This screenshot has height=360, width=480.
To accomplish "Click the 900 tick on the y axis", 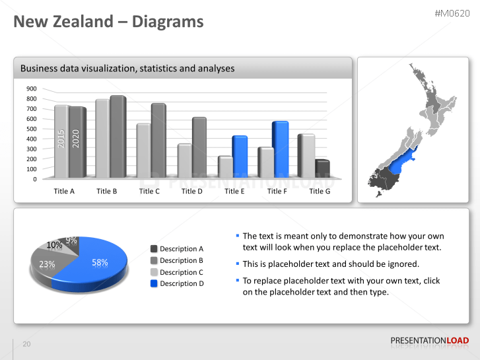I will click(32, 89).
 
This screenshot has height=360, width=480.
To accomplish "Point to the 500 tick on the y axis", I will click(32, 129).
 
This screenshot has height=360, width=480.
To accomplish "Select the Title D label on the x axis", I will click(192, 192).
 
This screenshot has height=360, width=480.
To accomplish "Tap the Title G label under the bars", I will click(320, 192).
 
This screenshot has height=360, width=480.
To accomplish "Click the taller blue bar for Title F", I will click(280, 149).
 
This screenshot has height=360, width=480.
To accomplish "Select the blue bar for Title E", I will click(239, 157).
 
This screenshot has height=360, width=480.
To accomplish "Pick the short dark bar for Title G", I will click(322, 169).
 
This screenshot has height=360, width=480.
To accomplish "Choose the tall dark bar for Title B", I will click(118, 137).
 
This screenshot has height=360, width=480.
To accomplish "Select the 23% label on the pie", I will click(47, 264).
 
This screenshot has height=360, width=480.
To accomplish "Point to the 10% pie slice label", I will click(54, 245).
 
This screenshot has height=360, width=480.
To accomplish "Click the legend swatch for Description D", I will click(154, 283).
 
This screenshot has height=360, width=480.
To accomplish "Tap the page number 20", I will click(26, 344).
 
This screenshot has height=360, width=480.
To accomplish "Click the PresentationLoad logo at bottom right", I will click(430, 341).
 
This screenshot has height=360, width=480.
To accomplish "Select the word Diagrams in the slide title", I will click(168, 22).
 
